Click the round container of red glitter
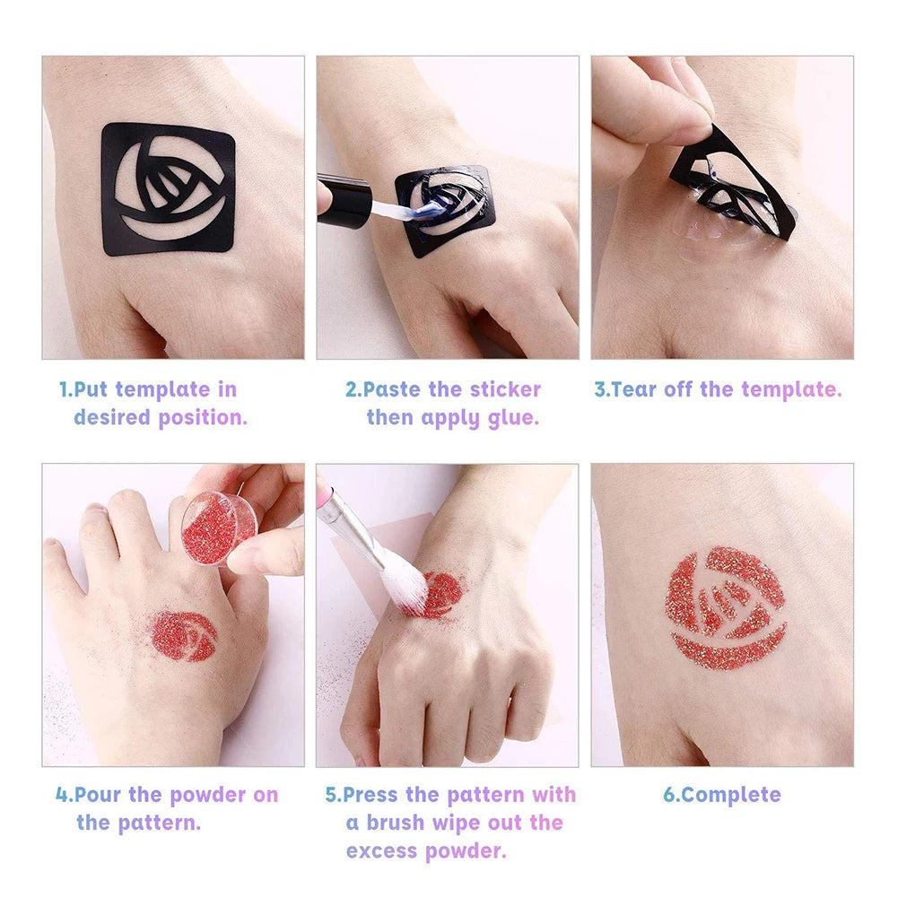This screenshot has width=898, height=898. [x=219, y=527]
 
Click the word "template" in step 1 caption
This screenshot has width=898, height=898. [x=162, y=390]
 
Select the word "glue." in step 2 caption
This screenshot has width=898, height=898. [x=513, y=418]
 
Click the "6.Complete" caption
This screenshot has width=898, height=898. [x=721, y=795]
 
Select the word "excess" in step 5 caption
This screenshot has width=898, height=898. [x=381, y=851]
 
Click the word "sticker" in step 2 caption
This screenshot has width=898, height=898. [x=505, y=389]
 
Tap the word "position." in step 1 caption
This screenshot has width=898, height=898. [x=203, y=418]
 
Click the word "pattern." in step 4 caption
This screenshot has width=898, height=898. [x=159, y=823]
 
